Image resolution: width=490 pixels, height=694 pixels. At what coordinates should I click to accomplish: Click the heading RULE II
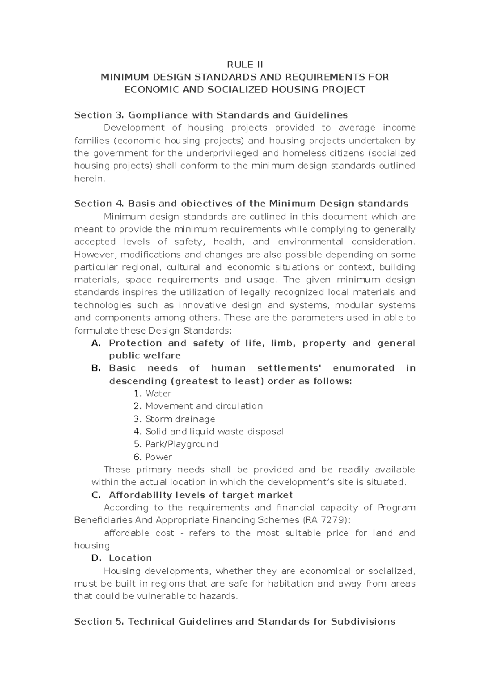(x=245, y=65)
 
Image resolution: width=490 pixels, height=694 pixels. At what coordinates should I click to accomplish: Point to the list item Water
(x=158, y=394)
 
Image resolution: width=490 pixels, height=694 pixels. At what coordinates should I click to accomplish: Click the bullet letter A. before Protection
(x=96, y=343)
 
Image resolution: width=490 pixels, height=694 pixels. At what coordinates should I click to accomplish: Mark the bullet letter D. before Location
(x=96, y=558)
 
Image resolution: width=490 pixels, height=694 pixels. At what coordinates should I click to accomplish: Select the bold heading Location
(x=130, y=558)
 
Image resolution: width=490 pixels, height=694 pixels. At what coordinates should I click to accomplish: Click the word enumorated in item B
(x=363, y=368)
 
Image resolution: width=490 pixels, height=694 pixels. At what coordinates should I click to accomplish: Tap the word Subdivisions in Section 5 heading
(x=363, y=622)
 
